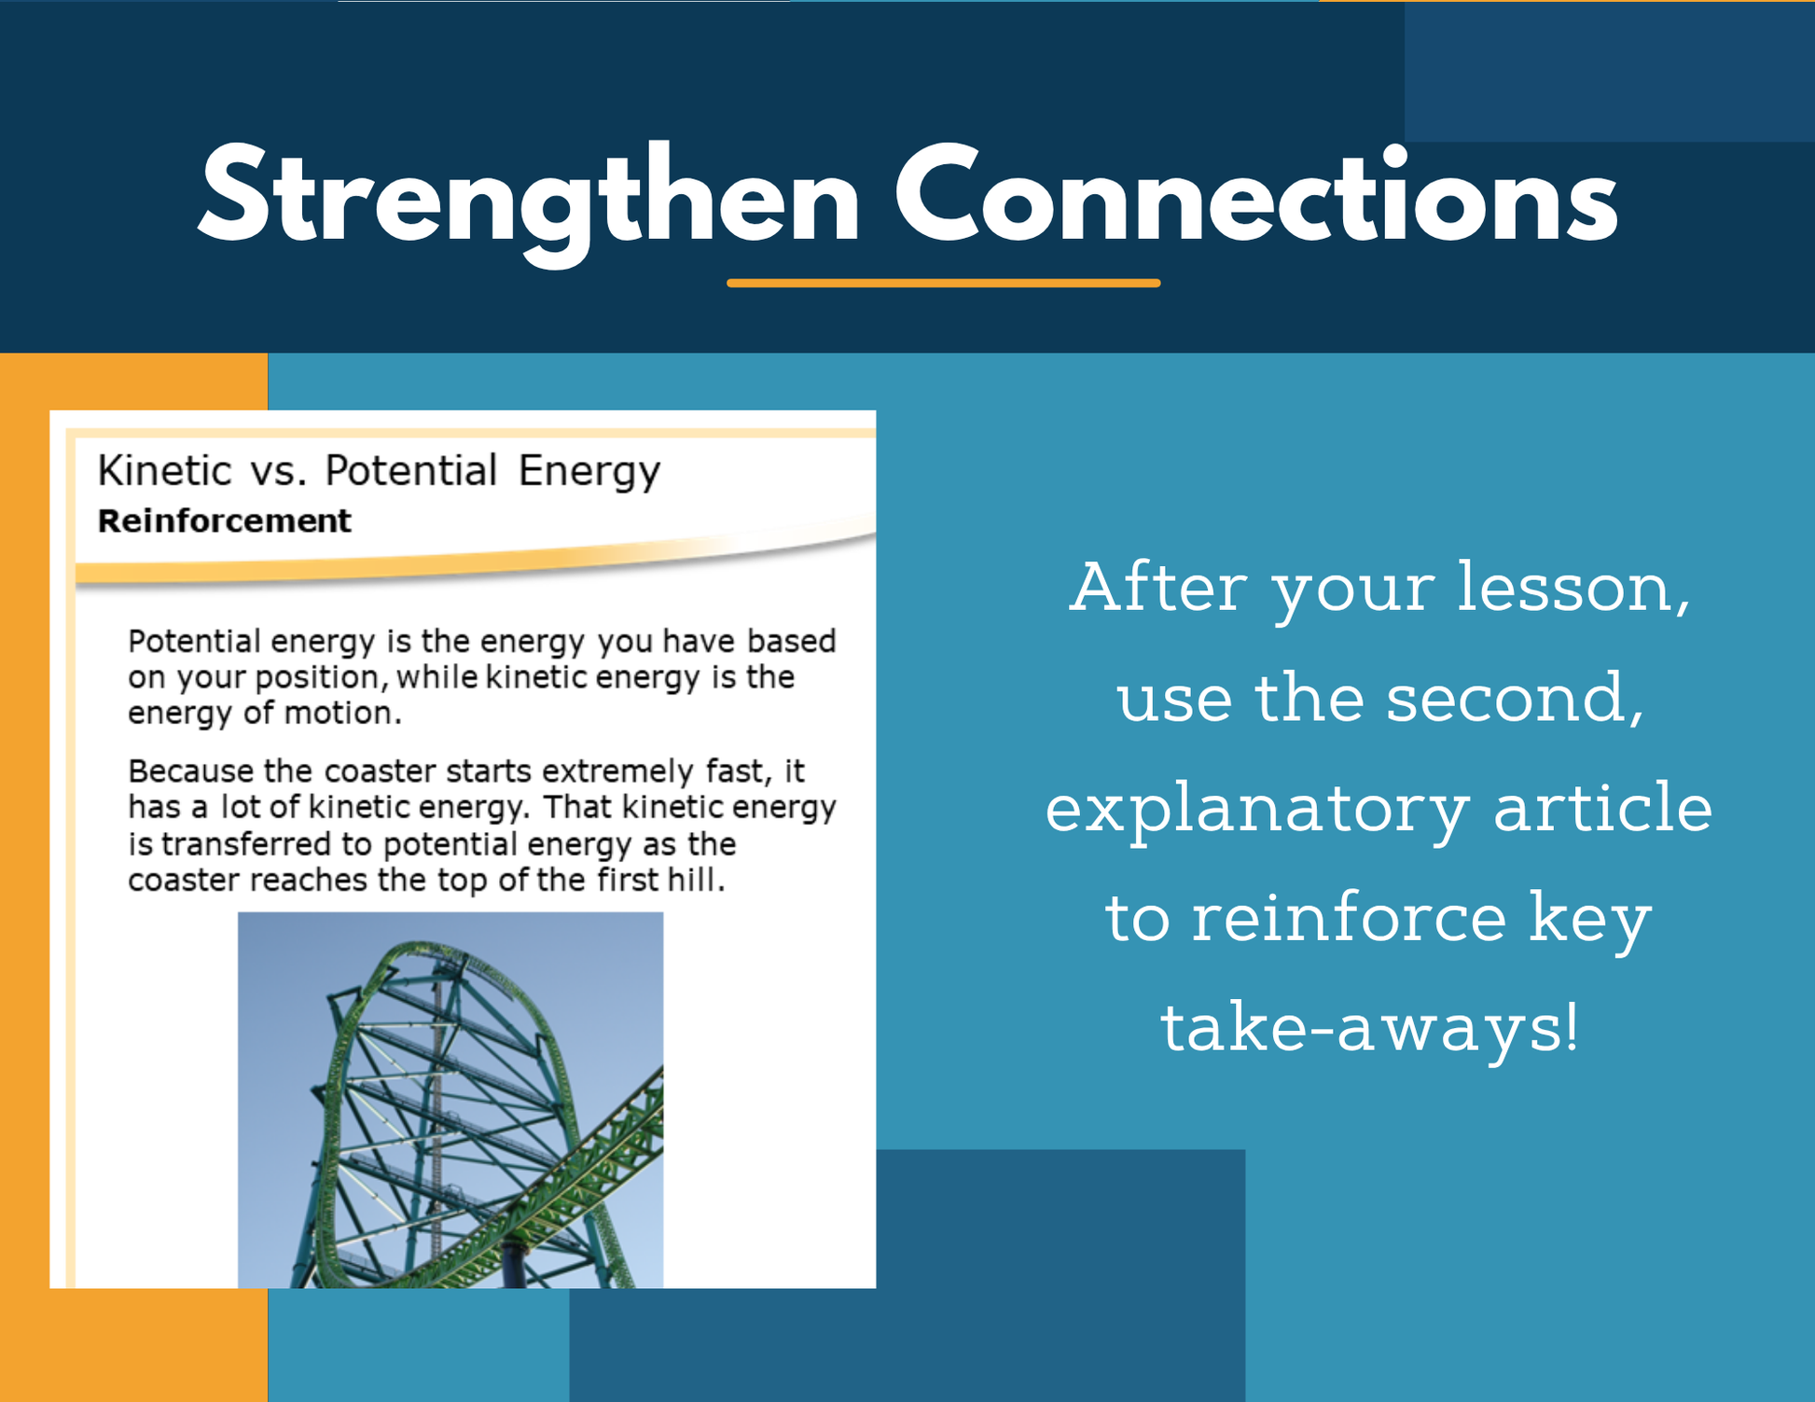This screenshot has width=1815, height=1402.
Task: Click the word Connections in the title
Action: (x=1256, y=195)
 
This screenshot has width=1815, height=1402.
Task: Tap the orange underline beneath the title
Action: (x=943, y=283)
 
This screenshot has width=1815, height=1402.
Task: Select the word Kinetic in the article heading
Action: (x=164, y=470)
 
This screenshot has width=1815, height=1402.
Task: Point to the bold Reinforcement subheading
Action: (x=225, y=521)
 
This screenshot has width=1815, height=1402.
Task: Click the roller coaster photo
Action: (x=450, y=1100)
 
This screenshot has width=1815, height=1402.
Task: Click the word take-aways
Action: (x=1370, y=1029)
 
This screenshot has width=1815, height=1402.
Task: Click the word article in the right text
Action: (x=1603, y=807)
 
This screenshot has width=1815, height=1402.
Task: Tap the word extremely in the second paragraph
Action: (x=617, y=772)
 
